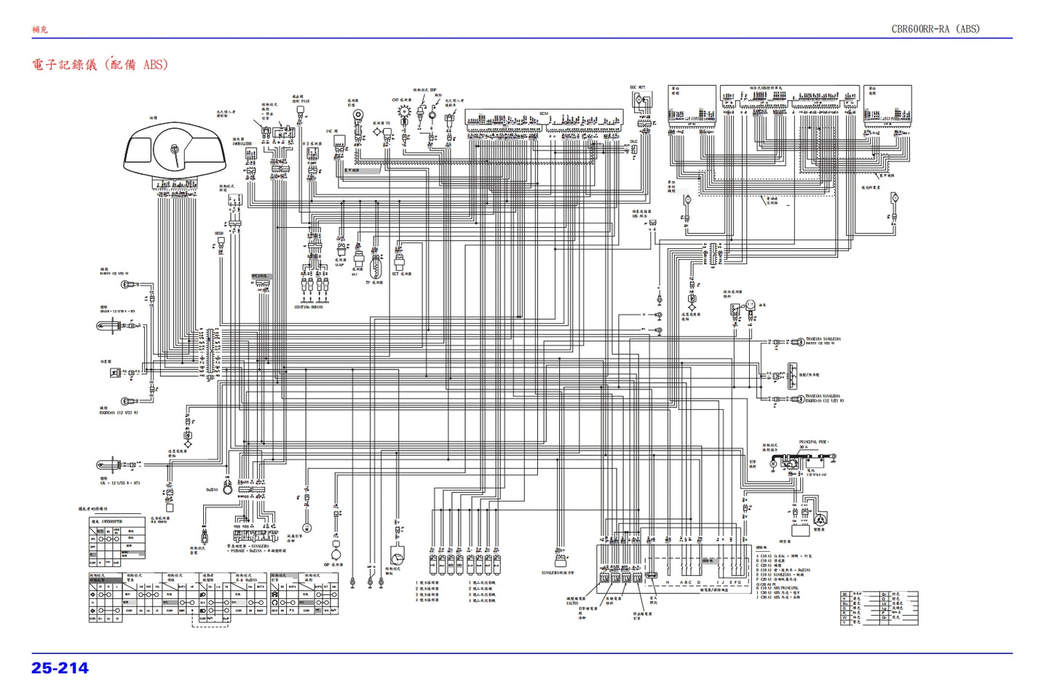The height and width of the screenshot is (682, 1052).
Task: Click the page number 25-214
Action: tap(60, 667)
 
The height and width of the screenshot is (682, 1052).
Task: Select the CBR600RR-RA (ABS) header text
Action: tap(936, 29)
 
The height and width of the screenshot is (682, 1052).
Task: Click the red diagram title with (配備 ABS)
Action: tap(100, 64)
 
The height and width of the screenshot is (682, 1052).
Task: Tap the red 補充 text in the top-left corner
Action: tap(39, 29)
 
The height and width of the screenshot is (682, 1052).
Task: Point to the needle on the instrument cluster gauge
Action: tap(174, 154)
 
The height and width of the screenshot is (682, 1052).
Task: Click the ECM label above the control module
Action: tap(543, 114)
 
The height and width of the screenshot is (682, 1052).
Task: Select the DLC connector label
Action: tap(633, 142)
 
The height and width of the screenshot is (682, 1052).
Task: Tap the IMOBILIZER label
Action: tap(242, 144)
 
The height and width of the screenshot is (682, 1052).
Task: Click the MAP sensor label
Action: tap(339, 265)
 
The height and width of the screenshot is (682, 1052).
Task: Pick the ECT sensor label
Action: tap(401, 274)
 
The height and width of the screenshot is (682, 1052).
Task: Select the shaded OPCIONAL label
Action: tap(260, 277)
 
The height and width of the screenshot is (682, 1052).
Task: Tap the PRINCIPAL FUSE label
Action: tap(813, 442)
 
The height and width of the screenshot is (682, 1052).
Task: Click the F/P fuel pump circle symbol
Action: tap(751, 305)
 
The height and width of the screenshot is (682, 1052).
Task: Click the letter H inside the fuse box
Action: tap(667, 582)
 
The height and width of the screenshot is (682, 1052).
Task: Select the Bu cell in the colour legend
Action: tap(845, 603)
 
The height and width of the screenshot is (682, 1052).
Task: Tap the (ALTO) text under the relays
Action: tap(572, 603)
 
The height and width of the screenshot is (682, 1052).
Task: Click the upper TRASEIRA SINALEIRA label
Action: tap(823, 339)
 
